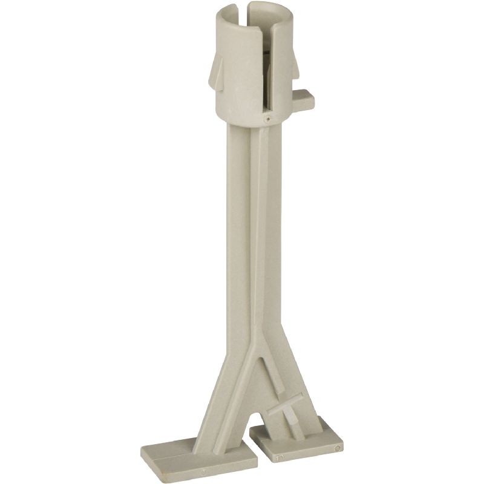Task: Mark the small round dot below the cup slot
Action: (267, 119)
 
